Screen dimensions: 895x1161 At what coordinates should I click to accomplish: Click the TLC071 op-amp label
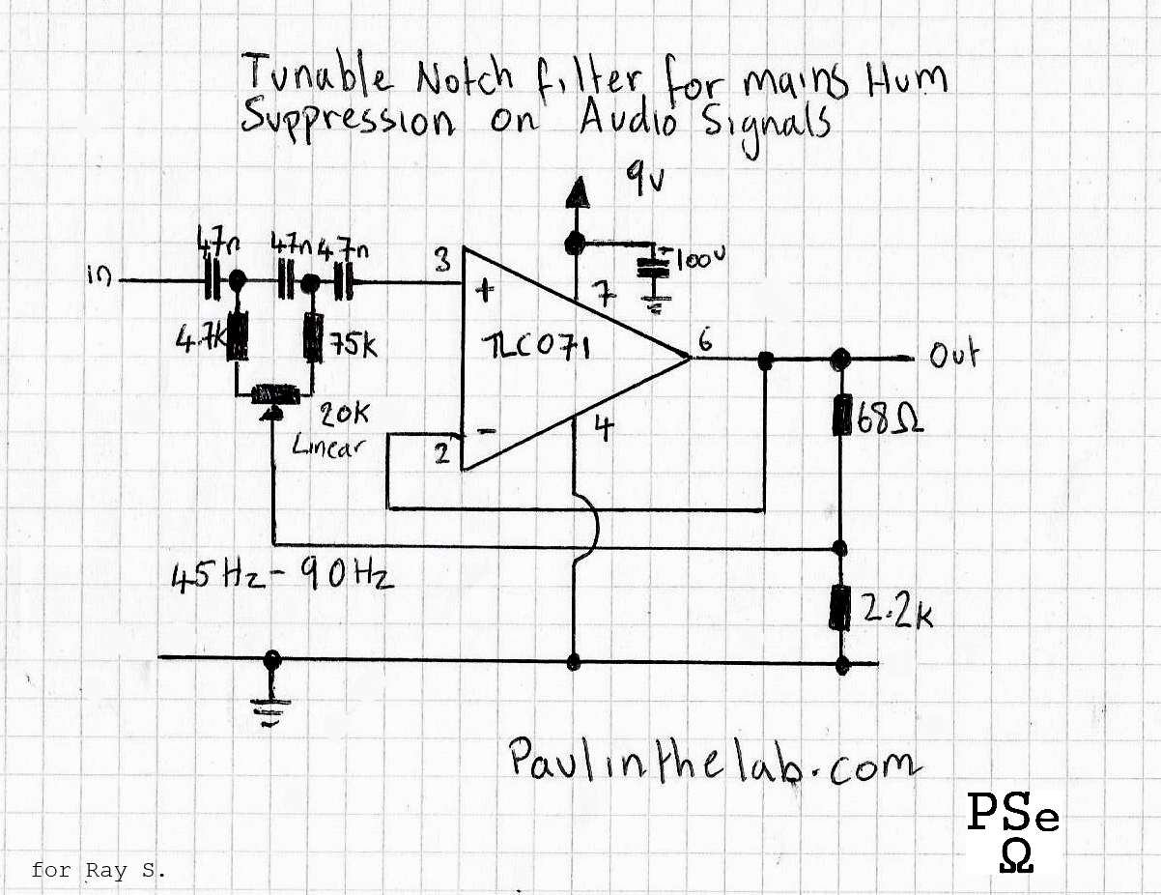click(x=527, y=345)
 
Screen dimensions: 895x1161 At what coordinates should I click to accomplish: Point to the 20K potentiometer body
click(x=275, y=393)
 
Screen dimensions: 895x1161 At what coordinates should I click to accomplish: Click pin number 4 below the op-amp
click(x=603, y=428)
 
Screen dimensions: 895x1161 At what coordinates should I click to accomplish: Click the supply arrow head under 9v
click(x=577, y=193)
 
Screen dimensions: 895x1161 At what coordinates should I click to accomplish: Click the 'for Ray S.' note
click(x=99, y=870)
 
